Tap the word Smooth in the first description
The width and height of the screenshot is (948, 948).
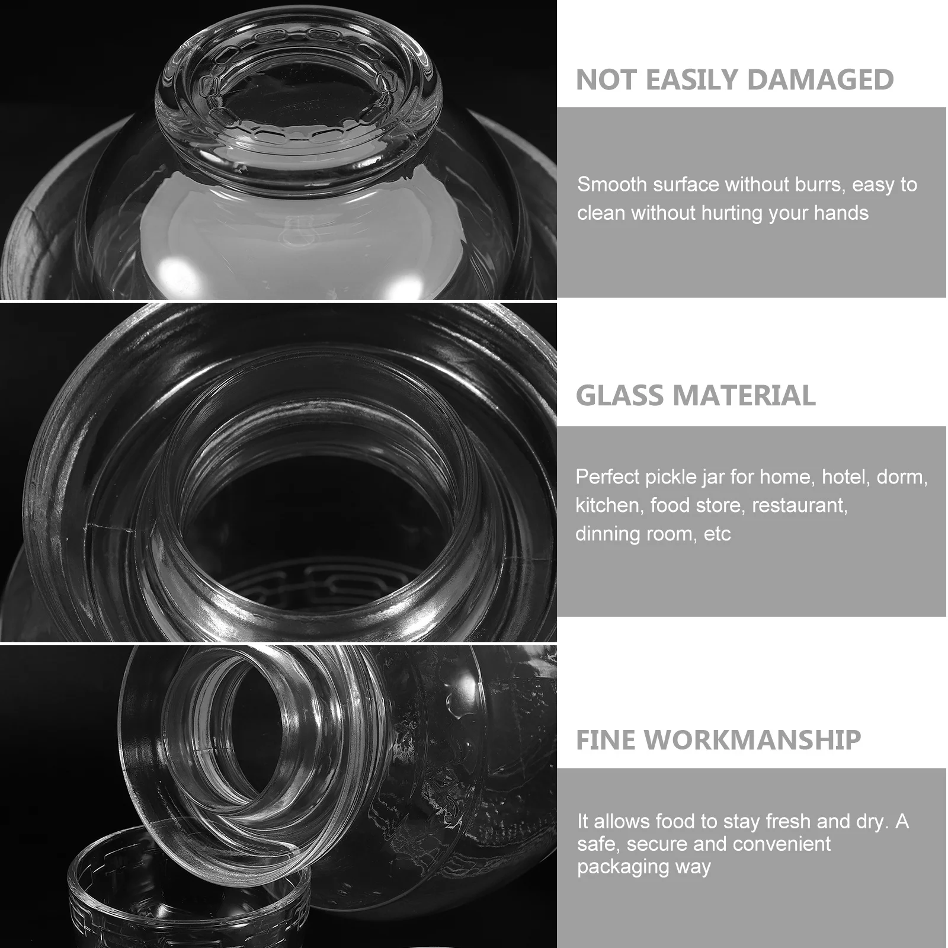[612, 185]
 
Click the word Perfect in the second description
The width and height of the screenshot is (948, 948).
[607, 477]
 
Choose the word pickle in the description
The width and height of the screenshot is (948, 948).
[671, 477]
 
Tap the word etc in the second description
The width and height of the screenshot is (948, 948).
[718, 534]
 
